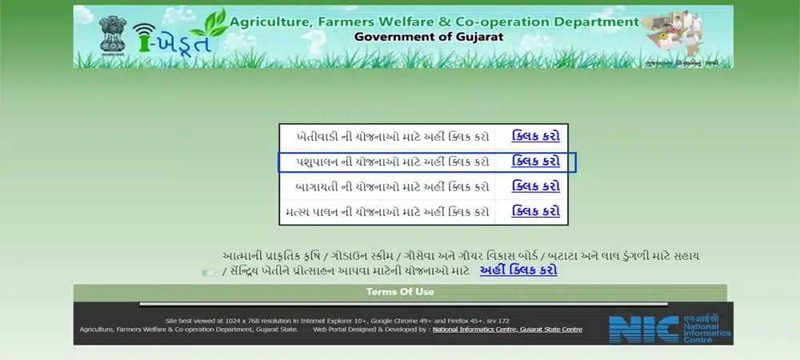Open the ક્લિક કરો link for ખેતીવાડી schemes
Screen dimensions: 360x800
(x=535, y=136)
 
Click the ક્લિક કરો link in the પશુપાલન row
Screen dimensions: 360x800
(x=535, y=162)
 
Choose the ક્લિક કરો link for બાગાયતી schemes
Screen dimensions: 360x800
(x=535, y=186)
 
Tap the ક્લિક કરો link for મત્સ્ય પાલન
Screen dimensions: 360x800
(x=535, y=212)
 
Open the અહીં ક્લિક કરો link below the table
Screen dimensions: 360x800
(x=518, y=270)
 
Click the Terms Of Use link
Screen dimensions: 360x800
(x=400, y=292)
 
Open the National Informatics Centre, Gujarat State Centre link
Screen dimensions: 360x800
(x=507, y=329)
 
